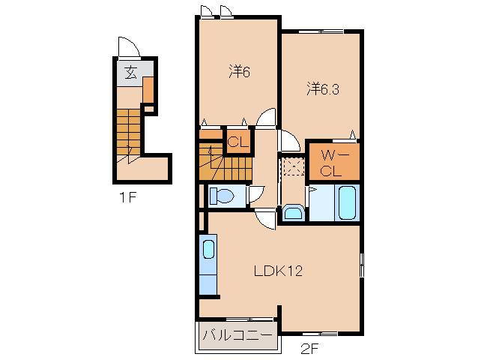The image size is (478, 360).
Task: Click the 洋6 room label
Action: (239, 71)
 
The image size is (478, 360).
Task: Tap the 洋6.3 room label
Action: (322, 89)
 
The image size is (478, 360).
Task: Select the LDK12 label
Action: (278, 271)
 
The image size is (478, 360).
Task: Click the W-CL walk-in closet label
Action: (330, 163)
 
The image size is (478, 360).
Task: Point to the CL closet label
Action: (238, 142)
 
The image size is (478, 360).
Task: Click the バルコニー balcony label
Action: (238, 335)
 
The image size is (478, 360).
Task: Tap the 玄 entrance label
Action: (131, 73)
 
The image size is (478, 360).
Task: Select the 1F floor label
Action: (127, 198)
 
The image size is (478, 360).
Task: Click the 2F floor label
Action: (309, 349)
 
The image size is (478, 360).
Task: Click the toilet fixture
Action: (222, 196)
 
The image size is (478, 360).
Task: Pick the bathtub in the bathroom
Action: (347, 202)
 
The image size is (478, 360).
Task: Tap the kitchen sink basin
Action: (208, 249)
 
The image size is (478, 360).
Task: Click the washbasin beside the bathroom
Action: (293, 212)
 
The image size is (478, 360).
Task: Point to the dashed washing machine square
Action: (293, 166)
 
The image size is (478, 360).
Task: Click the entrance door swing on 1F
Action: (129, 47)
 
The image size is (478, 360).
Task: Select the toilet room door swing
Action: (255, 194)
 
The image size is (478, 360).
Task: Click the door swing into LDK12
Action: (266, 219)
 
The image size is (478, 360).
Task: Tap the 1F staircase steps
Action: (128, 133)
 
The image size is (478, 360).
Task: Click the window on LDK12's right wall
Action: (362, 264)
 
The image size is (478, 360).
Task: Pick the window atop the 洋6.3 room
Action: (321, 31)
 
